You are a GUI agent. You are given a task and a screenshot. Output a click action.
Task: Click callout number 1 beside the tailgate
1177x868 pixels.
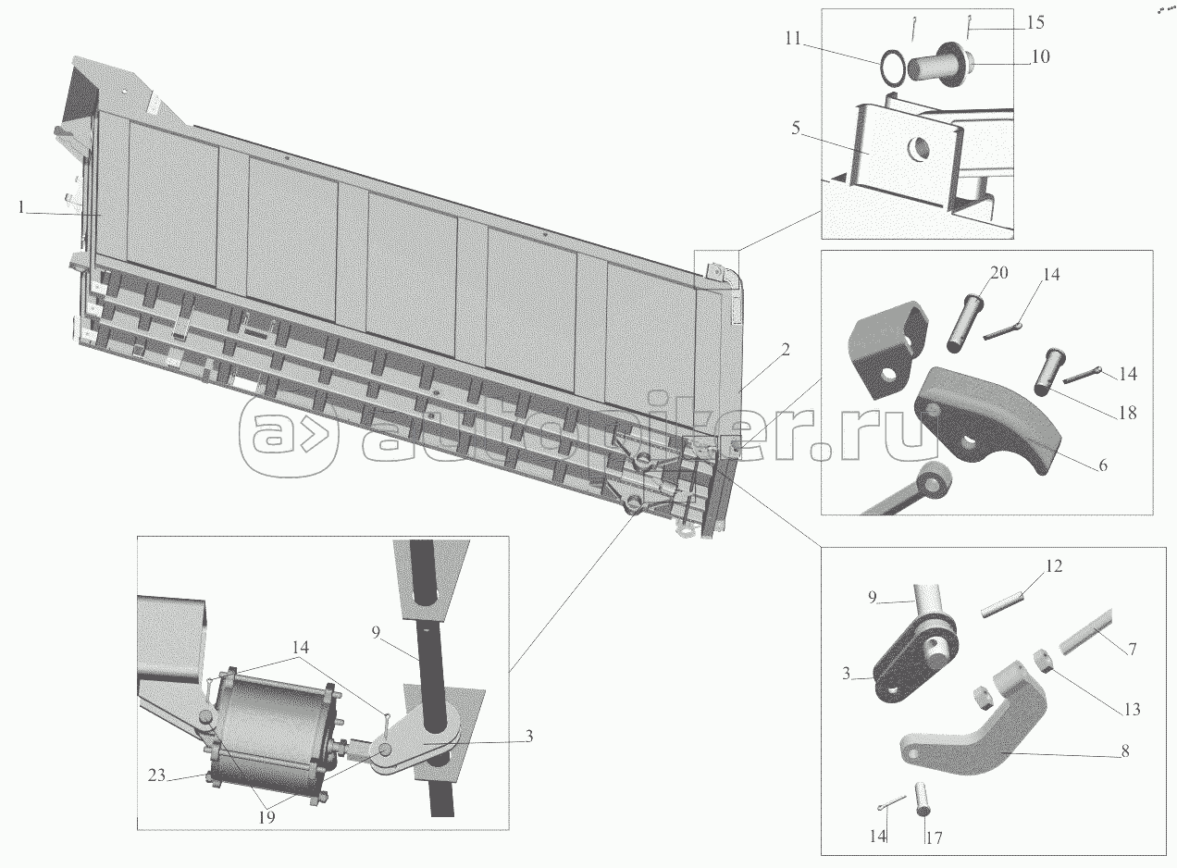tap(21, 207)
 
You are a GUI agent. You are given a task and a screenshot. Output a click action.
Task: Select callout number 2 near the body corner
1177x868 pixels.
tap(785, 350)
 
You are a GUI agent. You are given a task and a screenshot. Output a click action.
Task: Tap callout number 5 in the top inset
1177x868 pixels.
tap(796, 128)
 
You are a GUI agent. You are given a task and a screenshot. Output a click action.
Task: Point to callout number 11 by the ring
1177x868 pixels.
tap(793, 38)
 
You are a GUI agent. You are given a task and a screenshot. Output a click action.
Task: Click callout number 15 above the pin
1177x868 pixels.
tap(1035, 22)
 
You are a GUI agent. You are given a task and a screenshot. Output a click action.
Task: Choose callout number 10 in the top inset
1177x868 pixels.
tap(1040, 56)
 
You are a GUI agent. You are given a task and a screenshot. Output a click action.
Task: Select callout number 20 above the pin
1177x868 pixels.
tap(998, 273)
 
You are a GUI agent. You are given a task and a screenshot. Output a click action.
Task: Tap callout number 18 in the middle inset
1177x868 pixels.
tap(1128, 413)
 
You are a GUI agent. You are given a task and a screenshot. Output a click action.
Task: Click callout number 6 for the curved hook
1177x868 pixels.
tap(1102, 465)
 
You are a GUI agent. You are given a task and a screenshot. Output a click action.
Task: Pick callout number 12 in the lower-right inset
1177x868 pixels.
tap(1054, 566)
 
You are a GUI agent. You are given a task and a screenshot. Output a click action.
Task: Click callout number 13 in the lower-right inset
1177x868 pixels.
tap(1132, 710)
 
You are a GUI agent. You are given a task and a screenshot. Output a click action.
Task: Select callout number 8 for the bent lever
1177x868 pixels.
tap(1125, 751)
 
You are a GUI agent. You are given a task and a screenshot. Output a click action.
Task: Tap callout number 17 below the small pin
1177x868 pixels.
tap(934, 838)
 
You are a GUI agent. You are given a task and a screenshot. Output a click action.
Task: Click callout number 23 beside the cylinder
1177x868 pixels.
tap(156, 775)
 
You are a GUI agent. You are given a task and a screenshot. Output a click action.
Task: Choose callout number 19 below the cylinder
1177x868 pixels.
tap(266, 817)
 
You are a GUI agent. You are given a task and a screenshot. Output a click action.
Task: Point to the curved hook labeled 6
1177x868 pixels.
tap(988, 420)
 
